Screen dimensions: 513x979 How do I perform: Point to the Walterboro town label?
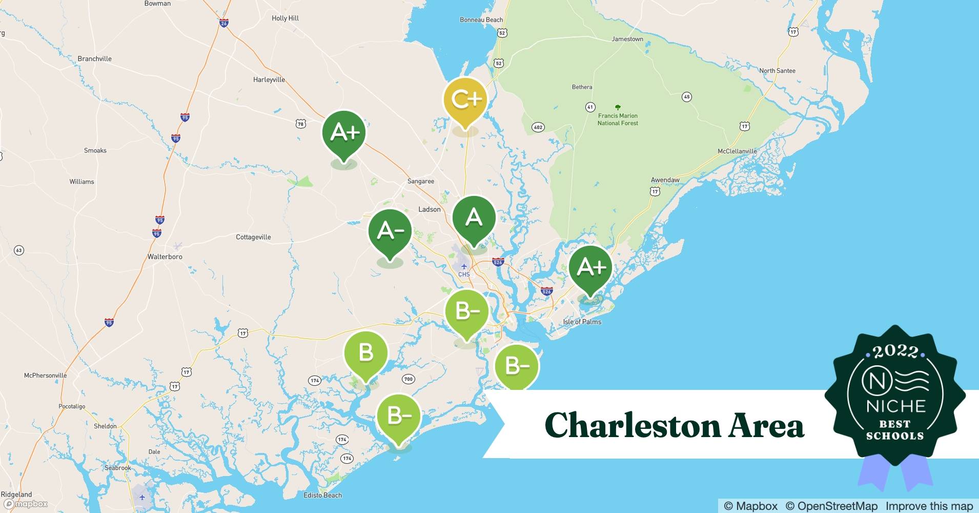tap(165, 256)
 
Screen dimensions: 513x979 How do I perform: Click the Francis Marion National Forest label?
tap(618, 120)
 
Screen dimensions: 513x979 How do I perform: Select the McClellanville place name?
tap(737, 151)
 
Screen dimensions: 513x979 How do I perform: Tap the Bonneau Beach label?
tap(481, 20)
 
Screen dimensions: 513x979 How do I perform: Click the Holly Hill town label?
tap(285, 18)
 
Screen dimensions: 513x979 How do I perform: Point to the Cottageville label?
tap(253, 237)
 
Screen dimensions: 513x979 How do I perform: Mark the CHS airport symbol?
tap(464, 267)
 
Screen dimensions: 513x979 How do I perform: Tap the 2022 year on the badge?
tap(895, 351)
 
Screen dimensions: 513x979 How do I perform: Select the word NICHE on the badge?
tap(895, 406)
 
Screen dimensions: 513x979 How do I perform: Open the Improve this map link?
tap(929, 506)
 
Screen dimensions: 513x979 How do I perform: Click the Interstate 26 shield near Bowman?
tap(223, 23)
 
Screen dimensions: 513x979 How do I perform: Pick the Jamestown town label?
tap(627, 39)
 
